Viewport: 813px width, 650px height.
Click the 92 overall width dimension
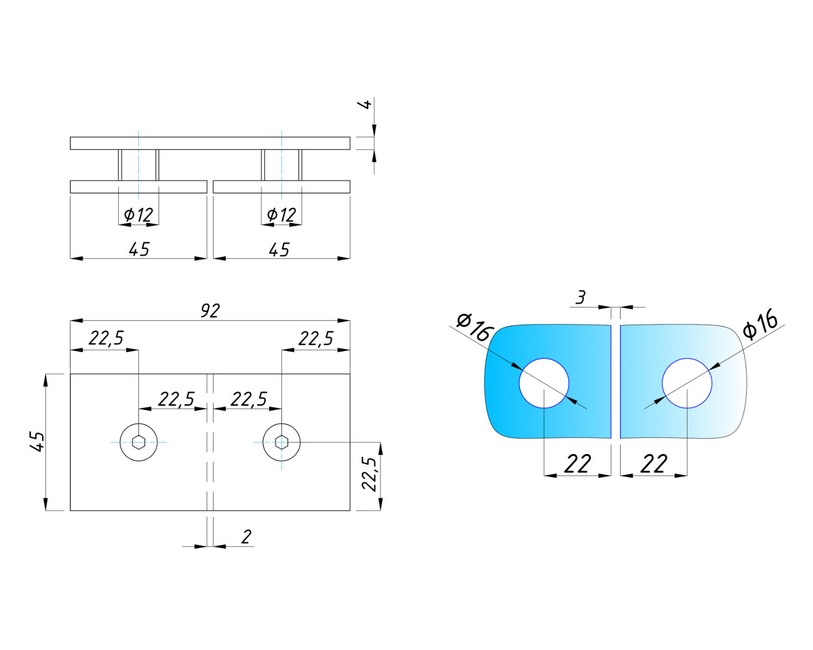[210, 310]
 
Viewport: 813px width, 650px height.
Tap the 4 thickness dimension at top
[365, 103]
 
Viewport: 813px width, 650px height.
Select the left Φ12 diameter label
[138, 215]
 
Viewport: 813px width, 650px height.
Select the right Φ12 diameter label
[281, 215]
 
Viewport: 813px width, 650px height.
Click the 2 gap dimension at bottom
[246, 537]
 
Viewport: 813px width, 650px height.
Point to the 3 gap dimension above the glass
[580, 297]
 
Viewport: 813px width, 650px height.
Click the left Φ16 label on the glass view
[474, 327]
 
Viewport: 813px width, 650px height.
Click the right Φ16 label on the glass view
[760, 323]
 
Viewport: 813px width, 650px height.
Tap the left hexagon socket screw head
[139, 442]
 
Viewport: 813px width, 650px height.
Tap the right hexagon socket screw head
[281, 442]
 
